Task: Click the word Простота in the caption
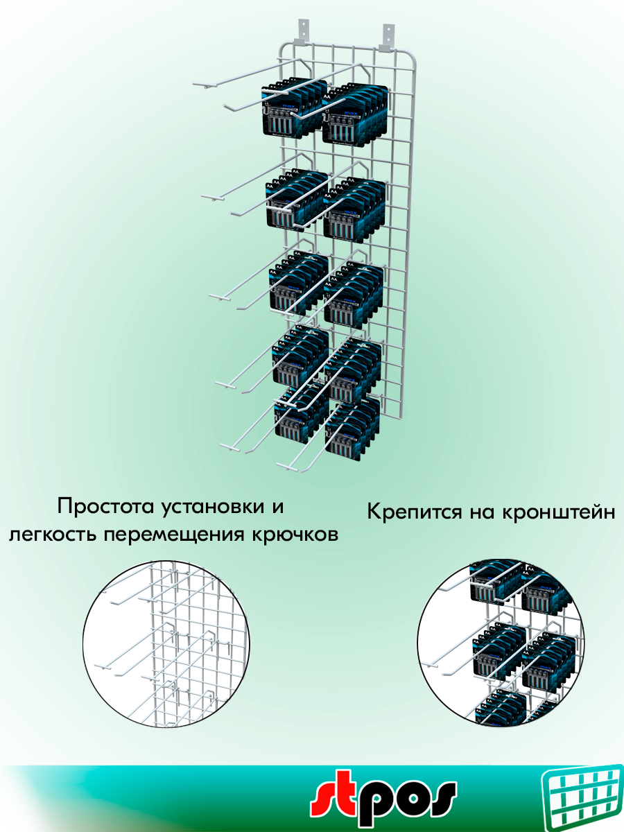[105, 506]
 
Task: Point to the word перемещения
[177, 536]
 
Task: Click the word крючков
[300, 536]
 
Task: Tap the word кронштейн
[560, 513]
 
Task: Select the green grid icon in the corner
[581, 797]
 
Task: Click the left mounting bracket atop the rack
[302, 31]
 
